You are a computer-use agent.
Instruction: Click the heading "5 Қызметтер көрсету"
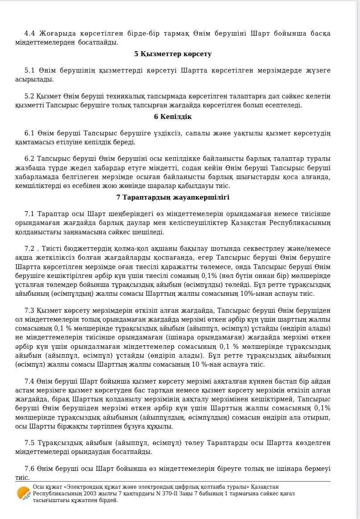coord(173,54)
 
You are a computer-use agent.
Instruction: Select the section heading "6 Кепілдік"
coord(173,117)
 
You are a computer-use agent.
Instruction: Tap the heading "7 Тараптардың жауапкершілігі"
coord(173,197)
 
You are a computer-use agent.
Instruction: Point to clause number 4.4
coord(29,33)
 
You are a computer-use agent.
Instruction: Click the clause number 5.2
coord(29,96)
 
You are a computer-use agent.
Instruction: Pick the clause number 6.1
coord(29,133)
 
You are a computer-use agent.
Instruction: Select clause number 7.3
coord(29,311)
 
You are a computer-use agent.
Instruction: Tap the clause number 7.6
coord(29,469)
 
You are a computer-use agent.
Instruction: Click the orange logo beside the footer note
coord(24,494)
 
